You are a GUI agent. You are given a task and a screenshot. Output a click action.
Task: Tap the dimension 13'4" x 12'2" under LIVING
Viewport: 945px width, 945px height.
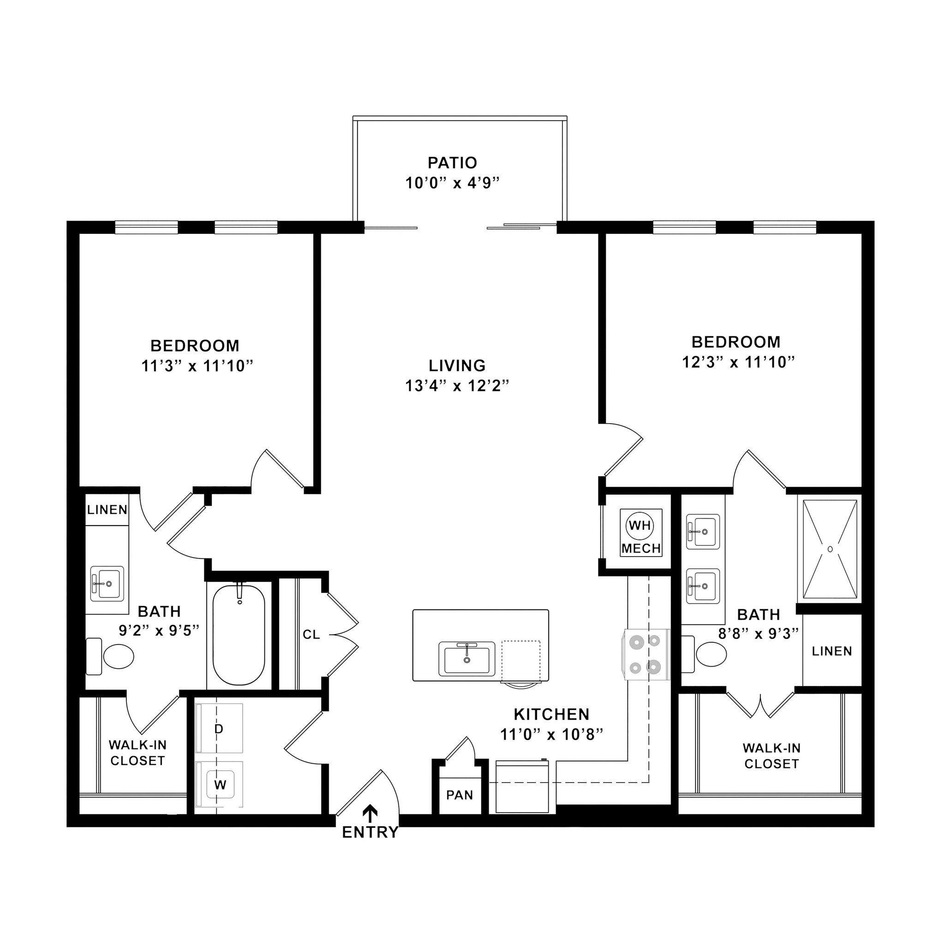click(457, 386)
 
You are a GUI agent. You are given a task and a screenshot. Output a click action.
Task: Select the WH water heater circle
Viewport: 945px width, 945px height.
click(640, 525)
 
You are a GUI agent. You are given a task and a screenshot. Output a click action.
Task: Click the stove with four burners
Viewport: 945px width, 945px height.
click(646, 654)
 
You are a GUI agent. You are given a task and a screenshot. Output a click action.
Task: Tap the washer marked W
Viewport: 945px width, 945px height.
click(220, 784)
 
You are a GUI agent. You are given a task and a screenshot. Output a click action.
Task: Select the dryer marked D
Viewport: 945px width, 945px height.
click(219, 729)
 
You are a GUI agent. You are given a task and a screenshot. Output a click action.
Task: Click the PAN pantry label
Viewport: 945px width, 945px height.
click(459, 795)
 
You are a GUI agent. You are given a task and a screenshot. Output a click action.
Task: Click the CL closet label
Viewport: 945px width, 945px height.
click(311, 634)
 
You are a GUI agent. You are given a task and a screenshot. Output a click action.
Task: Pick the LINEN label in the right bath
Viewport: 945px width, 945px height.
click(831, 651)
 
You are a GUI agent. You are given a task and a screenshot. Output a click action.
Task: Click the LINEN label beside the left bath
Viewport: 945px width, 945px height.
click(107, 510)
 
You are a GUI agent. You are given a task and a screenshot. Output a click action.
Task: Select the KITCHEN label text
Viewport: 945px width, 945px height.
click(551, 714)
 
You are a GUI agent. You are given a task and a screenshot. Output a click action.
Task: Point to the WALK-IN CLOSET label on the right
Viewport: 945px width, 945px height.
click(771, 756)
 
